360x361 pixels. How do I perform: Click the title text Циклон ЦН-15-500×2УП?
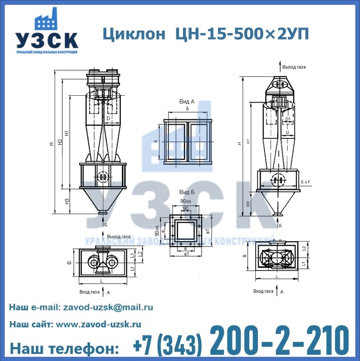(x=205, y=34)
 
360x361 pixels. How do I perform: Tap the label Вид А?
(x=187, y=101)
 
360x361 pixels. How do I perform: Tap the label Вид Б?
(x=187, y=193)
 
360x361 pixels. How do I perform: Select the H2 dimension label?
(x=60, y=142)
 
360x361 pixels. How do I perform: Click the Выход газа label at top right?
(x=294, y=67)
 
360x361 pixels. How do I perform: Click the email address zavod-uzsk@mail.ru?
(x=107, y=307)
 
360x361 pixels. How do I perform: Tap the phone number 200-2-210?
(x=279, y=341)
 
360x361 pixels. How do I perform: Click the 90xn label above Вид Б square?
(x=186, y=201)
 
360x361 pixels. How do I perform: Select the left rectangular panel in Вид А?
(x=174, y=141)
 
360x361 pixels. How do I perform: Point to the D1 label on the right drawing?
(x=288, y=119)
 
